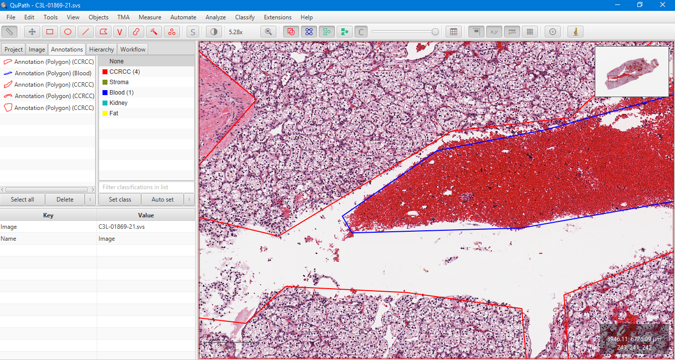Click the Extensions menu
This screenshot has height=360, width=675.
(277, 17)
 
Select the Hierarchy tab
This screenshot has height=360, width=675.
(102, 50)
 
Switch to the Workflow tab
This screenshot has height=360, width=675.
(133, 50)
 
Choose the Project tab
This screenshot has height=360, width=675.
(13, 50)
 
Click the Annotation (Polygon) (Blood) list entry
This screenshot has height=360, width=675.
(53, 73)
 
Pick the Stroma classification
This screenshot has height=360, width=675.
(119, 82)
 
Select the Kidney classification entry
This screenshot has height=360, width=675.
(118, 103)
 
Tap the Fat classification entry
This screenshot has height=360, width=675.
(113, 113)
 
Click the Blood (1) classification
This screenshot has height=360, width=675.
(121, 93)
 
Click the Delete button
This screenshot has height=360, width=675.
(65, 200)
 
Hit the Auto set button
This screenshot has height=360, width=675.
(162, 200)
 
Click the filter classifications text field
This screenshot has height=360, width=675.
(147, 187)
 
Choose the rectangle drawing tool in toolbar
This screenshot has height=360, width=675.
(50, 32)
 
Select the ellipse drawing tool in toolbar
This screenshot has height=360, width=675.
(68, 32)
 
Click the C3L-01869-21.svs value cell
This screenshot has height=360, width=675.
(146, 227)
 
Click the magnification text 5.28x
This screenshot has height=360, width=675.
(236, 32)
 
